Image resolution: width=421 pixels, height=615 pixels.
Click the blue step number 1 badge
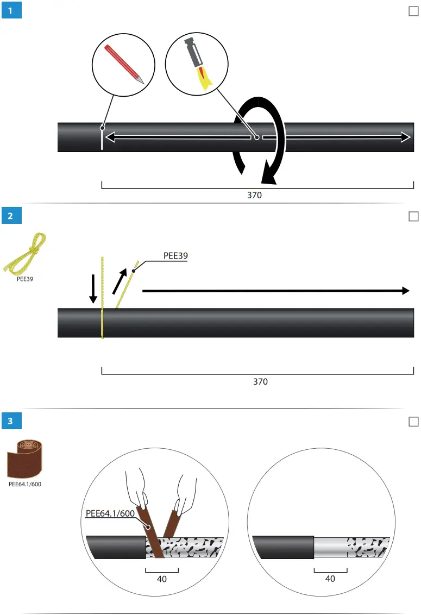(11, 11)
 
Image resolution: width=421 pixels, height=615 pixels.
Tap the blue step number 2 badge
(11, 216)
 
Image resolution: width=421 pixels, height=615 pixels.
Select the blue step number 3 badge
(11, 421)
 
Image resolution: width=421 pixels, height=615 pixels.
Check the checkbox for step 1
(413, 11)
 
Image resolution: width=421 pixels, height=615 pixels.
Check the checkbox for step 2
(413, 216)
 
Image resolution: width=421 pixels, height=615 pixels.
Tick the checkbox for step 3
(413, 422)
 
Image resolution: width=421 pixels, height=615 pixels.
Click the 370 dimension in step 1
(254, 196)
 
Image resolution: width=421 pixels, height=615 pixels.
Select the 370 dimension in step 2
(260, 382)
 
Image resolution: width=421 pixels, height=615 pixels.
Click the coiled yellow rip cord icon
(26, 253)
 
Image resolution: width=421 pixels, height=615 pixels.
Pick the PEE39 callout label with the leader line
(175, 256)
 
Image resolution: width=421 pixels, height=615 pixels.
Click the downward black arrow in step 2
(93, 288)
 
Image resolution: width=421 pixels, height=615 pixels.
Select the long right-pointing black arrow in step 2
(275, 291)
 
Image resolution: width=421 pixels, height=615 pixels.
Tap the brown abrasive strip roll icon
(26, 456)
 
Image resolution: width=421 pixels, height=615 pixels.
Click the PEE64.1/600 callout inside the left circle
(111, 513)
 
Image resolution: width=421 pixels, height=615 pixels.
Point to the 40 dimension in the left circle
(161, 579)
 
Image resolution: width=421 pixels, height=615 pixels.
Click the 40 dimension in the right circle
(330, 579)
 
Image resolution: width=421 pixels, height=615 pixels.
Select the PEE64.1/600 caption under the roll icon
(25, 484)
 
